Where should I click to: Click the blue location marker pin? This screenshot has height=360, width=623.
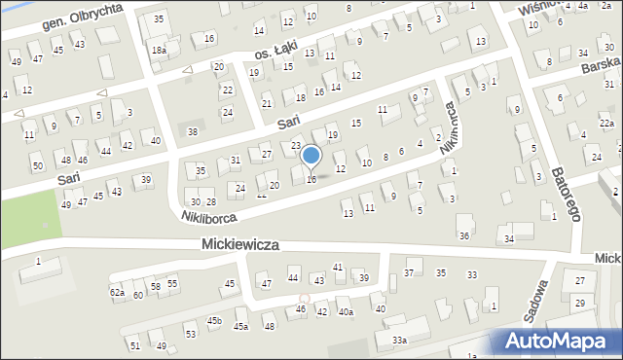click(x=311, y=156)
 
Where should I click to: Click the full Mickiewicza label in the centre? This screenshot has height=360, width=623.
click(x=240, y=246)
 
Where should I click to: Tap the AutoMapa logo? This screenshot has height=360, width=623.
click(x=559, y=341)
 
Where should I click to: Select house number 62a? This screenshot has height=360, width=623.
click(x=117, y=292)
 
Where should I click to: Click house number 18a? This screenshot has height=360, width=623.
click(x=159, y=50)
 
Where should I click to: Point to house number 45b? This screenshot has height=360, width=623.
click(x=213, y=320)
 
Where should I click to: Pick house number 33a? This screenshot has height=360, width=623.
click(x=399, y=340)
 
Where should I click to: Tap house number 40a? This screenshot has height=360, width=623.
click(x=345, y=311)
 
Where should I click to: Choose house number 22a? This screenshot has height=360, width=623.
click(x=605, y=124)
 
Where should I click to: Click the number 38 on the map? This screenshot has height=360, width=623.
click(x=193, y=131)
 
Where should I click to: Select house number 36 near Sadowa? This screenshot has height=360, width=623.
click(x=465, y=235)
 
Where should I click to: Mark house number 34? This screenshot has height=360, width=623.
click(x=508, y=238)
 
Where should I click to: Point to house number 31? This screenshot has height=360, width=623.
click(x=236, y=161)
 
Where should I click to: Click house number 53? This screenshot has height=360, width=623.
click(x=191, y=334)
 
